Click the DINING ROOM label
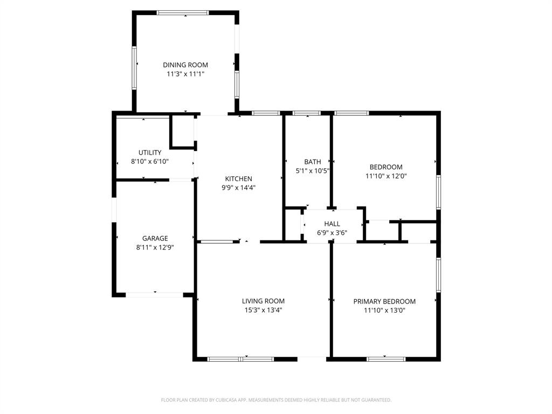point(185,65)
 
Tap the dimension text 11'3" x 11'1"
point(185,74)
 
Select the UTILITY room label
point(150,153)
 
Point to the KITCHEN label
point(238,178)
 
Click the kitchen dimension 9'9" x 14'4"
point(238,188)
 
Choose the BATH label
point(312,161)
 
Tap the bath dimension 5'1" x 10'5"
point(312,170)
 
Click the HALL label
point(332,224)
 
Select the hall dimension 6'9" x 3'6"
point(332,233)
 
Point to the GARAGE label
point(155,238)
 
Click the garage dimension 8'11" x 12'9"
point(155,247)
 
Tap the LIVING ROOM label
point(263,301)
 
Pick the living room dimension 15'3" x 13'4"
point(263,310)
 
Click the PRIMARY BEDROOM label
point(384,301)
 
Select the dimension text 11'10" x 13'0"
point(384,310)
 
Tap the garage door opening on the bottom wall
point(155,295)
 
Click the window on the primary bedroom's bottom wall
point(385,358)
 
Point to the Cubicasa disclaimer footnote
point(276,400)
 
